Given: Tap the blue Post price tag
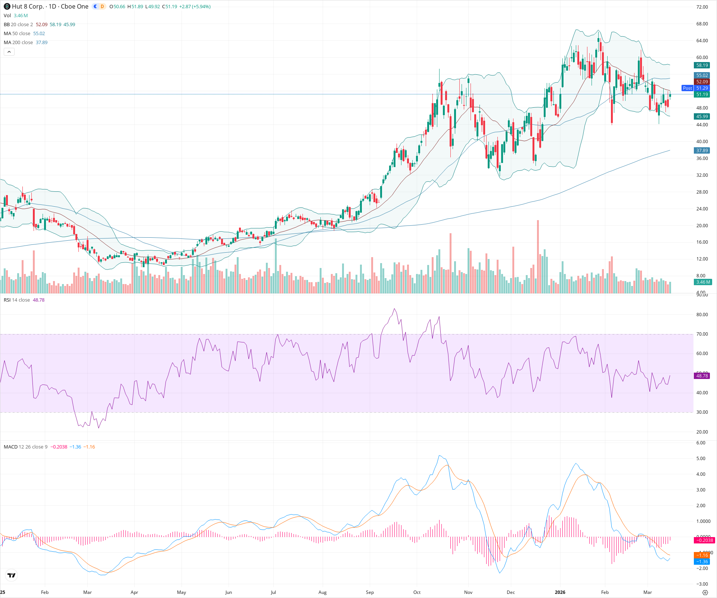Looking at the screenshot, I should (687, 88).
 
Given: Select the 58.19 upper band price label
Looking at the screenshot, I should (702, 65).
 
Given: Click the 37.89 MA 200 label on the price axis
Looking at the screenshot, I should (702, 151).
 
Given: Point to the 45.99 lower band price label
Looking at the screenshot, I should (702, 117).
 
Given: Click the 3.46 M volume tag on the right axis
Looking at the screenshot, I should (703, 282).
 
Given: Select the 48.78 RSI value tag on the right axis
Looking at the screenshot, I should (702, 376).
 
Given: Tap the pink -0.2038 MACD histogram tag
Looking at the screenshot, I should (704, 540).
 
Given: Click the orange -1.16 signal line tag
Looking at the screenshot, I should (702, 555).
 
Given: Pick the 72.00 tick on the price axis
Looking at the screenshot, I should (702, 7).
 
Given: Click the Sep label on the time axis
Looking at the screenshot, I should (370, 592).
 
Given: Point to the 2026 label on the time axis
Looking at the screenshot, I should (560, 592).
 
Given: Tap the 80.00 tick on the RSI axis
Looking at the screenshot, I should (702, 315).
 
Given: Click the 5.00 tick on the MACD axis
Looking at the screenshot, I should (702, 459).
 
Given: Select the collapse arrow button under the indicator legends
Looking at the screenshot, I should (9, 52).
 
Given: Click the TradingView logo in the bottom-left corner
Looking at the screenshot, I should (12, 575).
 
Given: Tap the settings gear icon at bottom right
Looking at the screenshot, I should (705, 592).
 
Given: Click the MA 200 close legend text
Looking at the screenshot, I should (18, 43).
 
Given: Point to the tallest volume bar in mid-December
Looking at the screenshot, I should (538, 258).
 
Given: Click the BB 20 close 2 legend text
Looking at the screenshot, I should (18, 25).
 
